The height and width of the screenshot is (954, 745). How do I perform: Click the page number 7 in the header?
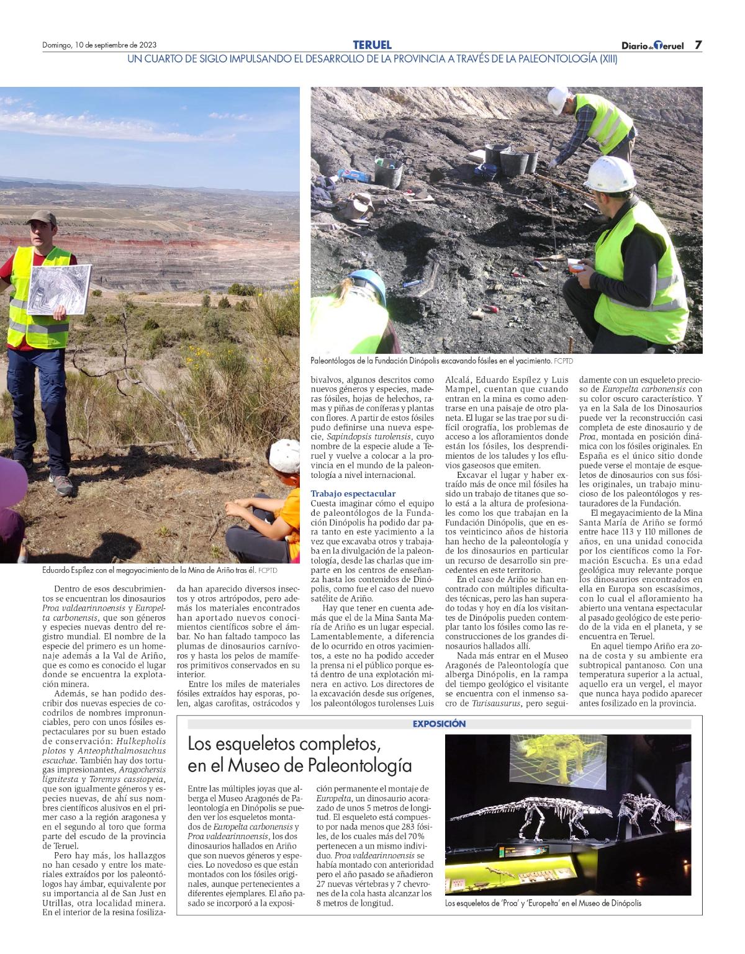coord(698,45)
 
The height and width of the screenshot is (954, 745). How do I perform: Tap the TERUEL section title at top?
coord(372,45)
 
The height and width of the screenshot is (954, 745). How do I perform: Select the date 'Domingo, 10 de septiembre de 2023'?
coord(99,45)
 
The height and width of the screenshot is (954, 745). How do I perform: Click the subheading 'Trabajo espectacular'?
coord(353,493)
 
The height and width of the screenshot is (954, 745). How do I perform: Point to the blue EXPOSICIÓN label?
coord(439,724)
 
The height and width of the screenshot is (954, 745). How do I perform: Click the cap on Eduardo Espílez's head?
coord(42,217)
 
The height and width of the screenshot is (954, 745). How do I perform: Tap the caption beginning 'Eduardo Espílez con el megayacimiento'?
coord(159,570)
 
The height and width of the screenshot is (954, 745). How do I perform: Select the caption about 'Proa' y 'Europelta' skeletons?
coord(543,903)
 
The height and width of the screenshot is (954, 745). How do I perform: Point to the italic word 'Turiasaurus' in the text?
coord(497,704)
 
